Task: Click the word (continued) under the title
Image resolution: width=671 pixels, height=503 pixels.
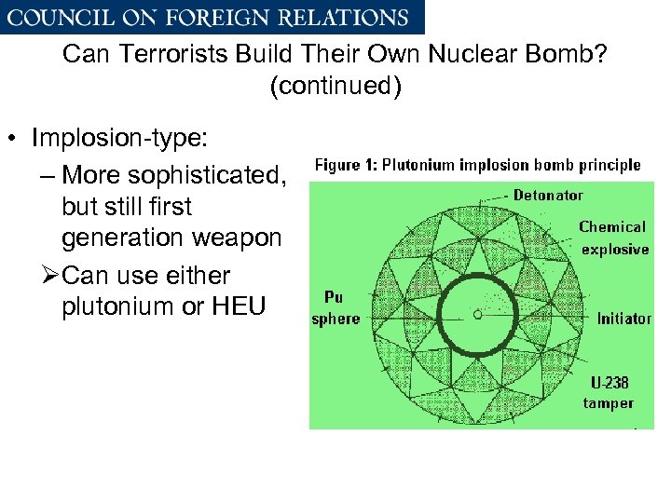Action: point(335,88)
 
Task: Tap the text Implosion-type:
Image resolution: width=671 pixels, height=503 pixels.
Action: point(121,139)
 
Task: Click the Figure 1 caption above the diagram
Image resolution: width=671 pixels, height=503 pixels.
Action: point(477,165)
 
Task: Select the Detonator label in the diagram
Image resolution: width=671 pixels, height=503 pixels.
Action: point(548,196)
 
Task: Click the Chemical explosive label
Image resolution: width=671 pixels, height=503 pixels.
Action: point(613,238)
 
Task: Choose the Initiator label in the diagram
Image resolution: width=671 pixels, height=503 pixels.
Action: point(624,319)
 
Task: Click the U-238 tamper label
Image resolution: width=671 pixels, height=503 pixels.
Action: point(609,392)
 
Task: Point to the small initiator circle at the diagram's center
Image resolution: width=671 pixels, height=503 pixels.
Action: point(478,316)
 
